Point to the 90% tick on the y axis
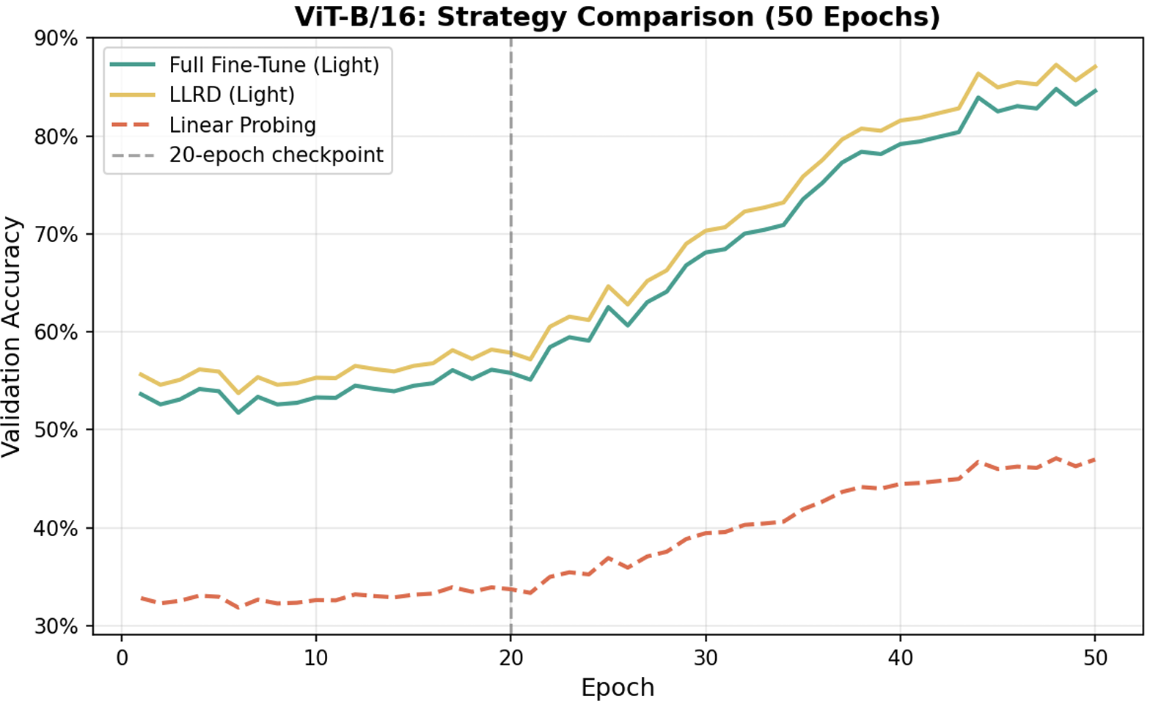tap(56, 39)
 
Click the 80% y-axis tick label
tap(56, 136)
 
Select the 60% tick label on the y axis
tap(56, 332)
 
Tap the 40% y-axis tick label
tap(56, 529)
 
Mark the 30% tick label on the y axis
tap(56, 626)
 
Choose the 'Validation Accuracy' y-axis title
tap(11, 337)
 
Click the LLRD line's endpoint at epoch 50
tap(1095, 66)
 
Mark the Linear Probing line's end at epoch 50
tap(1095, 460)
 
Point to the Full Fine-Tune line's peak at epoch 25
tap(609, 307)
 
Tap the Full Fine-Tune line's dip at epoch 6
tap(238, 412)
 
